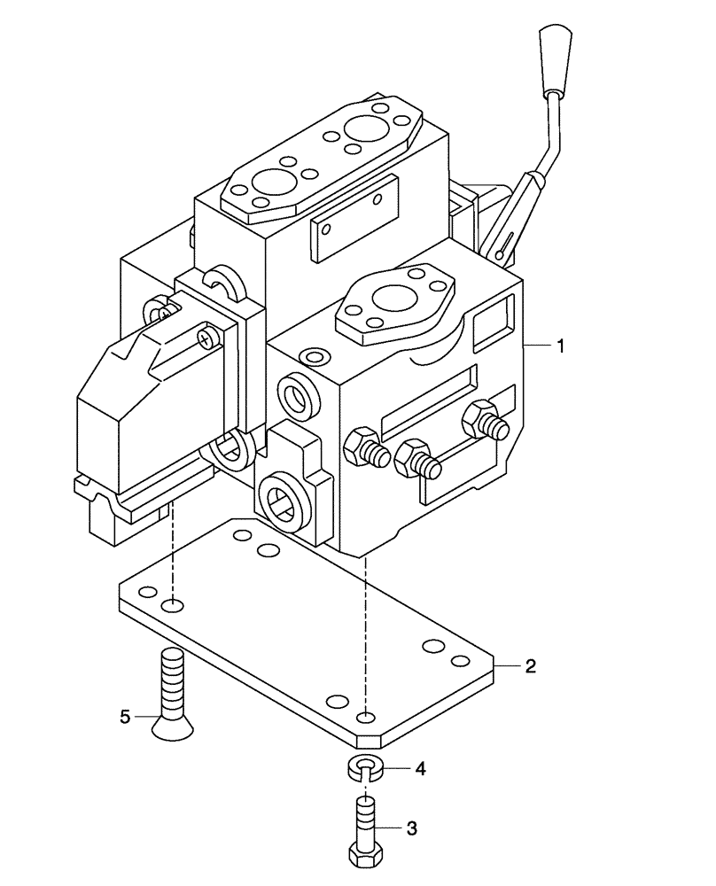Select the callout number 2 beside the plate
530,666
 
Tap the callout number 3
410,828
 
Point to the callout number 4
421,769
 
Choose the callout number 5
125,716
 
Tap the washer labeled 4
365,767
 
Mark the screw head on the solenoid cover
207,337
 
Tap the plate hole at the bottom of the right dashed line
366,716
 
